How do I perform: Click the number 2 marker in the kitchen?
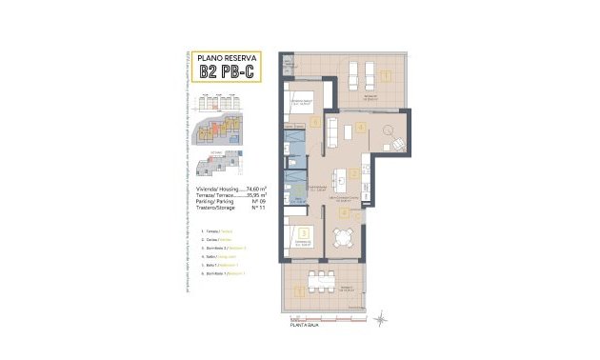(353, 173)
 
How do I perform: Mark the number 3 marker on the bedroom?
(303, 230)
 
